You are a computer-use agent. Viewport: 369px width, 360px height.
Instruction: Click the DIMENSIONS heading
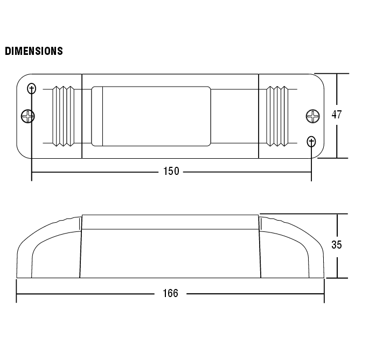(x=34, y=51)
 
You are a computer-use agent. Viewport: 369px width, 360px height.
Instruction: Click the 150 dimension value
(x=171, y=172)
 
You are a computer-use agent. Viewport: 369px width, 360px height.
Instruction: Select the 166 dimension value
(x=170, y=293)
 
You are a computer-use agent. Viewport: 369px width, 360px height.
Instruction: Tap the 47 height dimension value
(x=337, y=115)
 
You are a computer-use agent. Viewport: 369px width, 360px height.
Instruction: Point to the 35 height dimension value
(x=337, y=245)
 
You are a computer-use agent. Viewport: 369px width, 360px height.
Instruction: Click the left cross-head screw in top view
(x=28, y=116)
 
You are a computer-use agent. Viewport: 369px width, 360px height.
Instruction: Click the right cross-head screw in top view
(x=313, y=116)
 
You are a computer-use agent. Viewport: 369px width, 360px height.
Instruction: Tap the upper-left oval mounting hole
(x=32, y=89)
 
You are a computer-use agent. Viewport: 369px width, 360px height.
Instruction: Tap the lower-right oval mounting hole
(x=311, y=142)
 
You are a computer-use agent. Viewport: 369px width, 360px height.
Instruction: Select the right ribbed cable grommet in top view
(x=279, y=116)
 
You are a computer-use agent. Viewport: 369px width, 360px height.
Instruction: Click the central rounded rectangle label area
(x=151, y=116)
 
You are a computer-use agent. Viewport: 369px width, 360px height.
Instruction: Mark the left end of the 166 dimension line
(x=17, y=294)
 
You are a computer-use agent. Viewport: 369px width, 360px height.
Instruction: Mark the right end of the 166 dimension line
(x=324, y=294)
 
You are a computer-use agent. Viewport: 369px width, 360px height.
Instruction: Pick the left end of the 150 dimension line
(x=32, y=172)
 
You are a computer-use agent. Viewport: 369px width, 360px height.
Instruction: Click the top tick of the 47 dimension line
(x=337, y=74)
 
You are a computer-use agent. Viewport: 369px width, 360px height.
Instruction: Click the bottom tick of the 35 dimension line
(x=337, y=278)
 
